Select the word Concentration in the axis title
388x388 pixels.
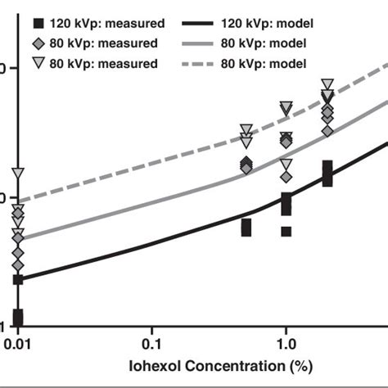click(x=217, y=361)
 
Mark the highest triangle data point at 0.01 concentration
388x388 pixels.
click(x=18, y=174)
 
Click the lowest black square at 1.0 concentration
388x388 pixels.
click(x=286, y=232)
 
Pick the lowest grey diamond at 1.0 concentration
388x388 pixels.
click(x=286, y=176)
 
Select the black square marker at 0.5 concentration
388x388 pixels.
click(x=246, y=227)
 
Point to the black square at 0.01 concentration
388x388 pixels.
click(x=18, y=317)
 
